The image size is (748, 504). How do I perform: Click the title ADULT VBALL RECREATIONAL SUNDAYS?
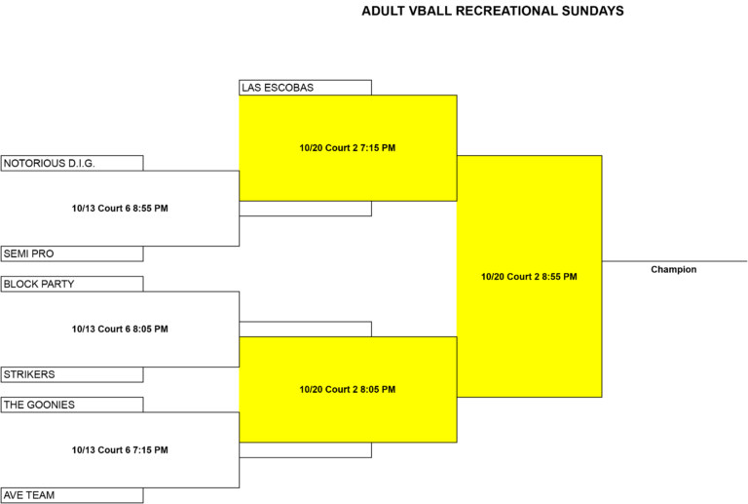(x=492, y=11)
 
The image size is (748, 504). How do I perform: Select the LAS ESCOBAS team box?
(x=305, y=88)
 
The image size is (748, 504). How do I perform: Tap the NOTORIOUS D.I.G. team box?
(x=72, y=163)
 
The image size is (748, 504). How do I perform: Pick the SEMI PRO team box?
(x=72, y=253)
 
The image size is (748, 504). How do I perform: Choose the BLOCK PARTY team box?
(x=72, y=284)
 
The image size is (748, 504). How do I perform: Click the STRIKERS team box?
(x=72, y=374)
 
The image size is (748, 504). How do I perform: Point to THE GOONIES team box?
(x=72, y=405)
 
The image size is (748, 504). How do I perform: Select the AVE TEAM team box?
(x=72, y=495)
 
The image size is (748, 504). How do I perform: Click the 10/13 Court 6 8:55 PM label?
(x=120, y=208)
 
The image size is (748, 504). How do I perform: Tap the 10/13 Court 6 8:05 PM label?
(x=120, y=329)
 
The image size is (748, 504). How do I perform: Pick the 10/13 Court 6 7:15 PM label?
(x=120, y=450)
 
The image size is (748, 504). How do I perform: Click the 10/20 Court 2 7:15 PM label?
(x=348, y=148)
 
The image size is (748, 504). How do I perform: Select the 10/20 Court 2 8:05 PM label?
(x=348, y=390)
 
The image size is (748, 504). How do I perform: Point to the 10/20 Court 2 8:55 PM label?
(x=529, y=277)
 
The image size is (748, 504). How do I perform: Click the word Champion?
(x=674, y=270)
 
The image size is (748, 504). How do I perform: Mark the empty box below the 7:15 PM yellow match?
(x=305, y=209)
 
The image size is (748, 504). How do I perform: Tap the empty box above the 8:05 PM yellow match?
(x=305, y=330)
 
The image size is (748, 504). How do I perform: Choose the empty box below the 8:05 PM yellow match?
(x=305, y=450)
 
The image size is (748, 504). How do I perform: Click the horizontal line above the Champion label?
(x=675, y=261)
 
